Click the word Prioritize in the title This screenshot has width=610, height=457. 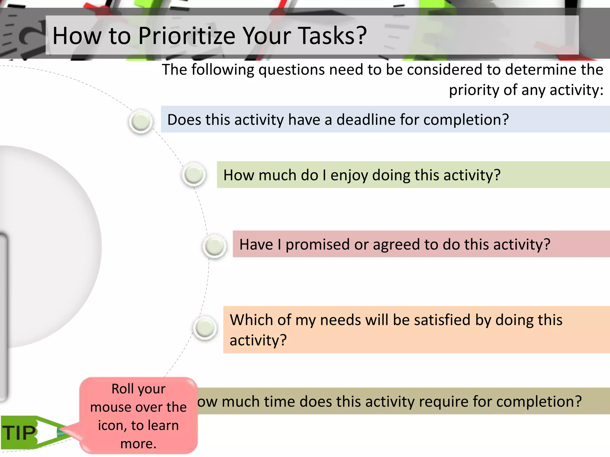coord(187,36)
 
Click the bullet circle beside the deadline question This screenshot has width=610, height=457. coord(141,121)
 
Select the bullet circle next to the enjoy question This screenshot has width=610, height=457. coord(194,174)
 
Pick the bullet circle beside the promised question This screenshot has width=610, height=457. coord(214,246)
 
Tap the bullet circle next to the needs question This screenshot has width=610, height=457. coord(205,328)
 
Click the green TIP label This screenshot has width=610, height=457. coord(20,433)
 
